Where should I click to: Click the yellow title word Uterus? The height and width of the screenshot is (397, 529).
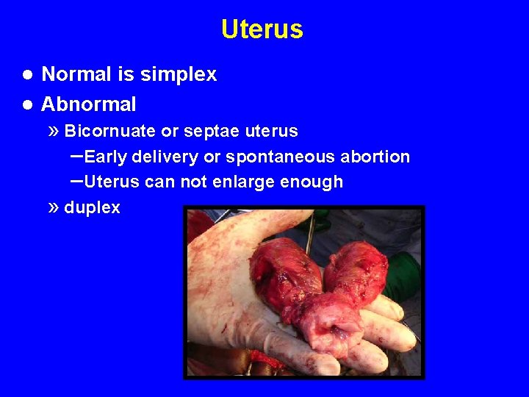tap(262, 29)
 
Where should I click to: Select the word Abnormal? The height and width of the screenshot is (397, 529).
tap(89, 104)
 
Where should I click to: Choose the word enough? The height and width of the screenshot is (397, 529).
tap(314, 182)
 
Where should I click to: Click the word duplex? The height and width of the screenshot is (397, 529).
tap(92, 208)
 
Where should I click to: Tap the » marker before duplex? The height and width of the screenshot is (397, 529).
tap(52, 207)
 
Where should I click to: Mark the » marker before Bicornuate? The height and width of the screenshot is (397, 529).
tap(52, 131)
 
